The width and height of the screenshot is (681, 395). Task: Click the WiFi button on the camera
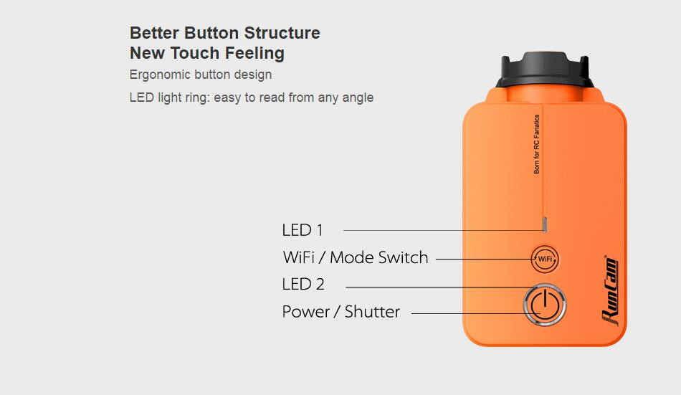[545, 260]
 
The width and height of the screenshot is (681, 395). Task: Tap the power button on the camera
[545, 305]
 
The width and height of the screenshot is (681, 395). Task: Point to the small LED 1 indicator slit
[545, 224]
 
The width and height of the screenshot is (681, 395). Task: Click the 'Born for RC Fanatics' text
[536, 144]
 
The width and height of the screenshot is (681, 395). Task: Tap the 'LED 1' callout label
[303, 230]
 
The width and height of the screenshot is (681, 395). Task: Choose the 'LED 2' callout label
[303, 284]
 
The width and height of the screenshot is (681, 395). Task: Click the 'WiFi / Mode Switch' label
[356, 257]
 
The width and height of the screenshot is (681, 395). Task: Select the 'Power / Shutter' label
[341, 312]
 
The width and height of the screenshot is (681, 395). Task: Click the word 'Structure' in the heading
[282, 33]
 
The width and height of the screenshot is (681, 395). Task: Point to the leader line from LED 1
[443, 230]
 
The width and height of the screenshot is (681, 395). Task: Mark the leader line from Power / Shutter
[476, 313]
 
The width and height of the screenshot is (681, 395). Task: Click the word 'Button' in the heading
[211, 33]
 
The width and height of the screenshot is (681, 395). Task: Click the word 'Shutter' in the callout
[372, 312]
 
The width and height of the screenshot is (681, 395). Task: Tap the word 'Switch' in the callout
[404, 257]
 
